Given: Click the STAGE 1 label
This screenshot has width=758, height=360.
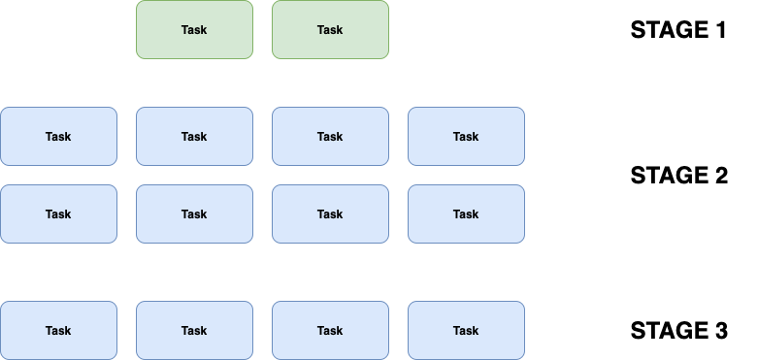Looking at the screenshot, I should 678,30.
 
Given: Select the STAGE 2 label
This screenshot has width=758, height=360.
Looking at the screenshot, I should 678,176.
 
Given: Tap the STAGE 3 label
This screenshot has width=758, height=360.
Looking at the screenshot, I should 678,331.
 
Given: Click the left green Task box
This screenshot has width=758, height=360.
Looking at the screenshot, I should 194,30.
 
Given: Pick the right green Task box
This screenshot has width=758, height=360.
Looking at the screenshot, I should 330,30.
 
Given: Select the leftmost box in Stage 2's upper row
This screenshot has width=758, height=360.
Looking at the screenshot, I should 58,137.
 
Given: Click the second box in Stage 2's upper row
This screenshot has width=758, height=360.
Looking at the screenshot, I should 194,137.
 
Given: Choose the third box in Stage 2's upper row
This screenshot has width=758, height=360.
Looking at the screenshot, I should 330,137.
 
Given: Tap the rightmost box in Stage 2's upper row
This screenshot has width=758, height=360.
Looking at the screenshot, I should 466,137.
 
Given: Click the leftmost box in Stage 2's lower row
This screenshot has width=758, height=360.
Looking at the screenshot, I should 58,214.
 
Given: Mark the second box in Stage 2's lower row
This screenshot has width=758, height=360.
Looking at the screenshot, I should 194,214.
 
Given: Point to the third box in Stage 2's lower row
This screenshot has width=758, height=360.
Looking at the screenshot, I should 330,214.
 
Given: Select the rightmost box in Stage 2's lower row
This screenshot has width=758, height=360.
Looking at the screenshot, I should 466,214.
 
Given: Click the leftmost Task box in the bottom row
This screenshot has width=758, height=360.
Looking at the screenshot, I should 58,331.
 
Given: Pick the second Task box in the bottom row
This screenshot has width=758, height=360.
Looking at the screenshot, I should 194,331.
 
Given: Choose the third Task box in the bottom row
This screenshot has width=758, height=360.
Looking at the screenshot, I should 330,331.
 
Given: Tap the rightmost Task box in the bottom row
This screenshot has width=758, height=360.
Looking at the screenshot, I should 466,331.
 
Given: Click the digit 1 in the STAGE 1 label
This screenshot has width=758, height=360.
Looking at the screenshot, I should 719,30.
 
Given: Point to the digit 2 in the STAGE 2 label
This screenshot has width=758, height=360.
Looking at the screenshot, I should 719,176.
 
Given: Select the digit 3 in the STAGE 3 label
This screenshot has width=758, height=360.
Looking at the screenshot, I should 719,331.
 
